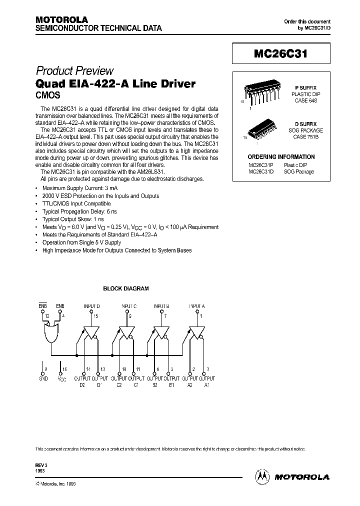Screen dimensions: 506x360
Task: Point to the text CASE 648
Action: [304, 100]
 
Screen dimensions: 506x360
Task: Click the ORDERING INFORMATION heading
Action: [281, 156]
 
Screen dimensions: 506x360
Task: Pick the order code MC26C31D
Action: [261, 171]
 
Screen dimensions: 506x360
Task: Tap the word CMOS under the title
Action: [46, 94]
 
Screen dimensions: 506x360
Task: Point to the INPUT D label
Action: [91, 306]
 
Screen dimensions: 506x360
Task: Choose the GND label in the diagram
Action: [44, 379]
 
